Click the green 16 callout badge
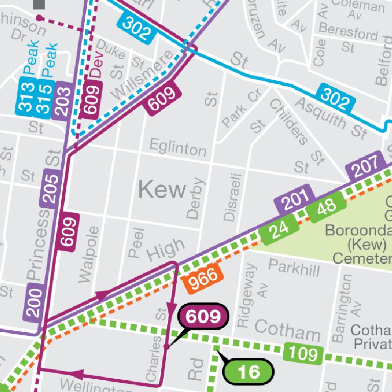(x=249, y=372)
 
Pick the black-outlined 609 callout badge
(x=203, y=317)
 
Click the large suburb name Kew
(x=162, y=190)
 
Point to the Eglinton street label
(x=178, y=149)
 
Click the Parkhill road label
(x=294, y=267)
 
